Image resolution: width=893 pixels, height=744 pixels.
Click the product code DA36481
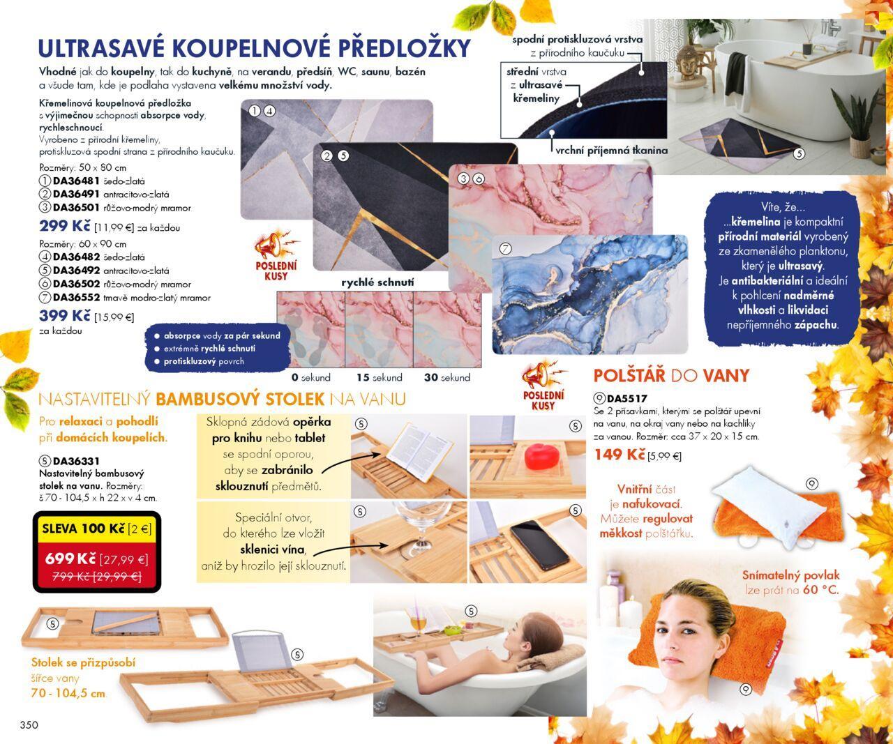pyautogui.click(x=76, y=181)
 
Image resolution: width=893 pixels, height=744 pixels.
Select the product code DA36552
pyautogui.click(x=76, y=297)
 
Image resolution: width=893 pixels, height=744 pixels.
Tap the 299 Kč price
pyautogui.click(x=65, y=225)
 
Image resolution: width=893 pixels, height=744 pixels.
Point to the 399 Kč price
pyautogui.click(x=65, y=316)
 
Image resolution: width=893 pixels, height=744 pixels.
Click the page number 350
pyautogui.click(x=29, y=724)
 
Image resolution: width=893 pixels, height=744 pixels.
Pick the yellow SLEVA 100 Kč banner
pyautogui.click(x=97, y=529)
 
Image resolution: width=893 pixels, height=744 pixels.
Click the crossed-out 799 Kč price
pyautogui.click(x=97, y=577)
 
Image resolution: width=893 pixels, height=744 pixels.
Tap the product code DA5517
pyautogui.click(x=627, y=399)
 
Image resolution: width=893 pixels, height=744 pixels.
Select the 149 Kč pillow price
pyautogui.click(x=620, y=455)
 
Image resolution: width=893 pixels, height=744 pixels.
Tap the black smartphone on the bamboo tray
pyautogui.click(x=540, y=545)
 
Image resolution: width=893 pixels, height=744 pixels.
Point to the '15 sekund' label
pyautogui.click(x=379, y=377)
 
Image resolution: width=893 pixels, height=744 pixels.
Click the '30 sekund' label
pyautogui.click(x=447, y=377)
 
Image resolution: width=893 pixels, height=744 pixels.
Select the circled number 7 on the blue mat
pyautogui.click(x=506, y=248)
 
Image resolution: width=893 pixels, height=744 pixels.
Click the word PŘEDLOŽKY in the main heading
pyautogui.click(x=404, y=48)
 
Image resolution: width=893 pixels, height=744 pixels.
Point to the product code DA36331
pyautogui.click(x=76, y=461)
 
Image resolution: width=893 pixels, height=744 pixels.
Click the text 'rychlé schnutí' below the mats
pyautogui.click(x=377, y=282)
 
